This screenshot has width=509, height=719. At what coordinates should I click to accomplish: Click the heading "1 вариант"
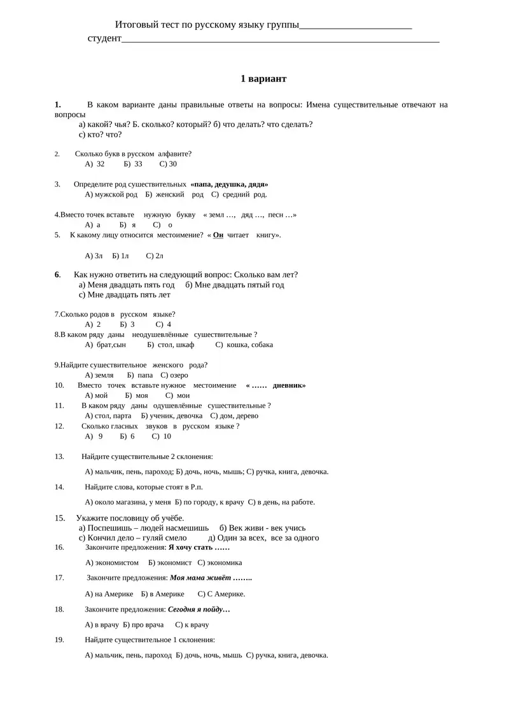pyautogui.click(x=263, y=79)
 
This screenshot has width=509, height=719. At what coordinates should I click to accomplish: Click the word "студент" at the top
pyautogui.click(x=104, y=38)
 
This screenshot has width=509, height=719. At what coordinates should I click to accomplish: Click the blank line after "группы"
pyautogui.click(x=355, y=25)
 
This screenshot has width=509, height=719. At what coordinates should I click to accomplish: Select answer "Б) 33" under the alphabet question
pyautogui.click(x=134, y=164)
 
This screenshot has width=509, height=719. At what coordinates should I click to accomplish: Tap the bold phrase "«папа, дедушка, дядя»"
pyautogui.click(x=229, y=184)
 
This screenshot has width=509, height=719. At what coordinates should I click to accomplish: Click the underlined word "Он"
pyautogui.click(x=218, y=235)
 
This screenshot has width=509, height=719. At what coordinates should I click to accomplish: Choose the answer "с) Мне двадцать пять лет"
pyautogui.click(x=125, y=295)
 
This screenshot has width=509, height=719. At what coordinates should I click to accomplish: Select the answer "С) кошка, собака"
pyautogui.click(x=244, y=345)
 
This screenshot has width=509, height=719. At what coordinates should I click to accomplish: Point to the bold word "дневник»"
pyautogui.click(x=289, y=385)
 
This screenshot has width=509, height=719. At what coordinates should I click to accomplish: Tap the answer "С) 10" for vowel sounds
pyautogui.click(x=162, y=436)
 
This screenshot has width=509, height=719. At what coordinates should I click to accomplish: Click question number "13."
pyautogui.click(x=59, y=456)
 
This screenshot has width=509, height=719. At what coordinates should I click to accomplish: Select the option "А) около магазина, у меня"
pyautogui.click(x=123, y=502)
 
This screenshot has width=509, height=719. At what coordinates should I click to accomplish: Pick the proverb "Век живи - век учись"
pyautogui.click(x=262, y=528)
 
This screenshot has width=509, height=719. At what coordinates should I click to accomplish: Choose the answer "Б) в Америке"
pyautogui.click(x=165, y=594)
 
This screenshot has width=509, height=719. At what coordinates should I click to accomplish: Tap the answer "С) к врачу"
pyautogui.click(x=192, y=625)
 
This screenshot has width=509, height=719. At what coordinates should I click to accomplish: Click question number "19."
pyautogui.click(x=59, y=640)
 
